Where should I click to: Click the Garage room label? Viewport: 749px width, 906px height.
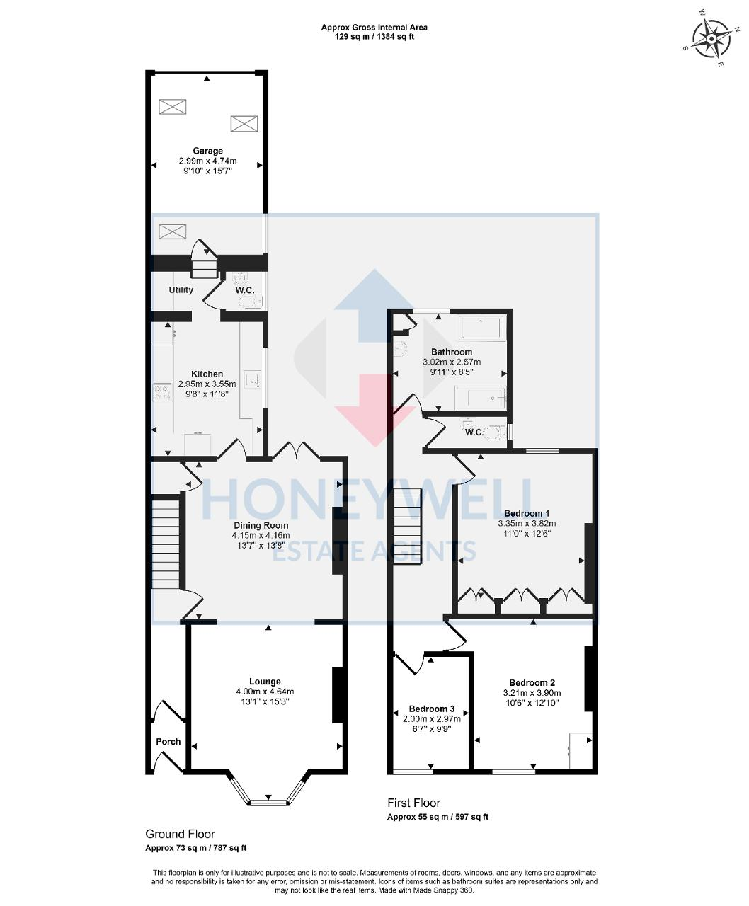[207, 151]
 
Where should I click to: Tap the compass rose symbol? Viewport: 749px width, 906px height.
[711, 40]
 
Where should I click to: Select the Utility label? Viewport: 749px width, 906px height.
[181, 290]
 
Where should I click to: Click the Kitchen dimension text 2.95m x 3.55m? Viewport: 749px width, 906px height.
[207, 384]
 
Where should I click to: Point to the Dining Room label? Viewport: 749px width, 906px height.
[261, 525]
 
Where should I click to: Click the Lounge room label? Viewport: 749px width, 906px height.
[265, 682]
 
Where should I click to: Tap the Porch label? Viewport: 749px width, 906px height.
[168, 742]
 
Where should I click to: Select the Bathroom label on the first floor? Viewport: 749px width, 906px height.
[452, 352]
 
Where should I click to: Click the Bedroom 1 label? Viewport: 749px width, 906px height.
[527, 513]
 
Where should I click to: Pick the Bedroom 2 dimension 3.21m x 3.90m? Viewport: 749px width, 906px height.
[532, 693]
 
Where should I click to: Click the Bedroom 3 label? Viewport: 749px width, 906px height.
[432, 709]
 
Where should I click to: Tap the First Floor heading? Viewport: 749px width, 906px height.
[413, 803]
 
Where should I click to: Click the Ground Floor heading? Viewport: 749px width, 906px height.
[180, 834]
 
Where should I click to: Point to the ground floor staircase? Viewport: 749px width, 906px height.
[166, 544]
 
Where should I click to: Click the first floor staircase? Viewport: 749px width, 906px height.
[408, 527]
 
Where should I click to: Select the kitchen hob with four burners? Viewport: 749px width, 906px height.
[162, 392]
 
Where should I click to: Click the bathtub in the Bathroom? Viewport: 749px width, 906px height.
[482, 328]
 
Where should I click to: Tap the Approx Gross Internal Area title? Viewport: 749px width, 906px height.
[374, 28]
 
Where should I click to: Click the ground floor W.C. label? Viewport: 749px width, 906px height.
[245, 290]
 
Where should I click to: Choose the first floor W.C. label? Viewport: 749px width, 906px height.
[474, 432]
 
